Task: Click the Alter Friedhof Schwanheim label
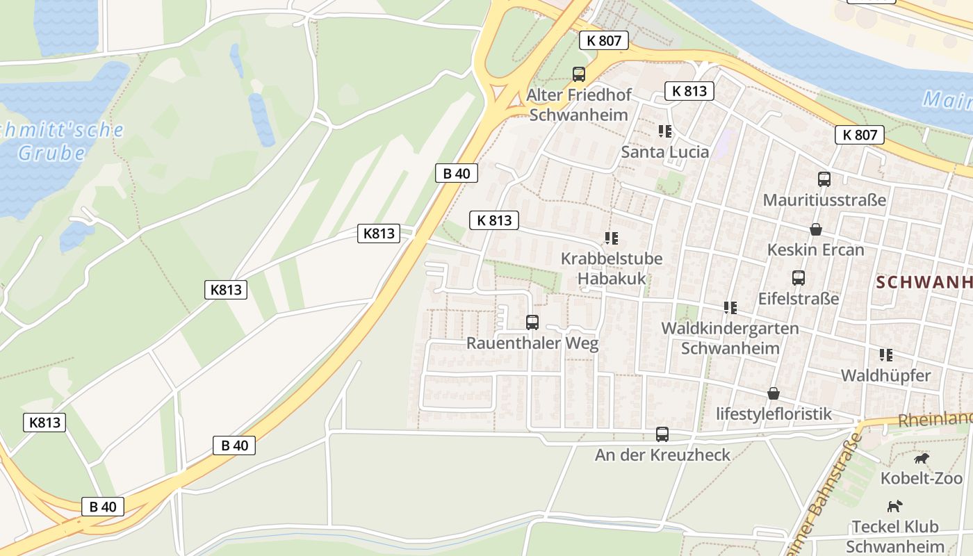coord(578,104)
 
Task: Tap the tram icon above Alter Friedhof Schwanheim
coord(578,74)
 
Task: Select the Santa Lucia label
coord(665,152)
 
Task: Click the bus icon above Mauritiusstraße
coord(824,179)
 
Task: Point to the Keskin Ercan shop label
coord(815,250)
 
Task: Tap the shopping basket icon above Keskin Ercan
coord(816,229)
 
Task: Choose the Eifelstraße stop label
coord(799,299)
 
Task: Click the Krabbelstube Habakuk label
coord(612,268)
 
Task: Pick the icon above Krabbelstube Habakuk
coord(612,238)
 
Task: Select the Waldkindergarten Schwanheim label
coord(730,338)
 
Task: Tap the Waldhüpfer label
coord(885,376)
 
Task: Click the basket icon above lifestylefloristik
coord(774,393)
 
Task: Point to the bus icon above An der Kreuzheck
coord(662,434)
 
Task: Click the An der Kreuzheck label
coord(662,455)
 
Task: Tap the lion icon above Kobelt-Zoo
coord(922,459)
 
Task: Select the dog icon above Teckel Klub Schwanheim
coord(895,506)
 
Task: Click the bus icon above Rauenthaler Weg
coord(532,322)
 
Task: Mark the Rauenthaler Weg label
coord(532,343)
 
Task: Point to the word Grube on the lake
coord(51,153)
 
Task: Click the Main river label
coord(948,101)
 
